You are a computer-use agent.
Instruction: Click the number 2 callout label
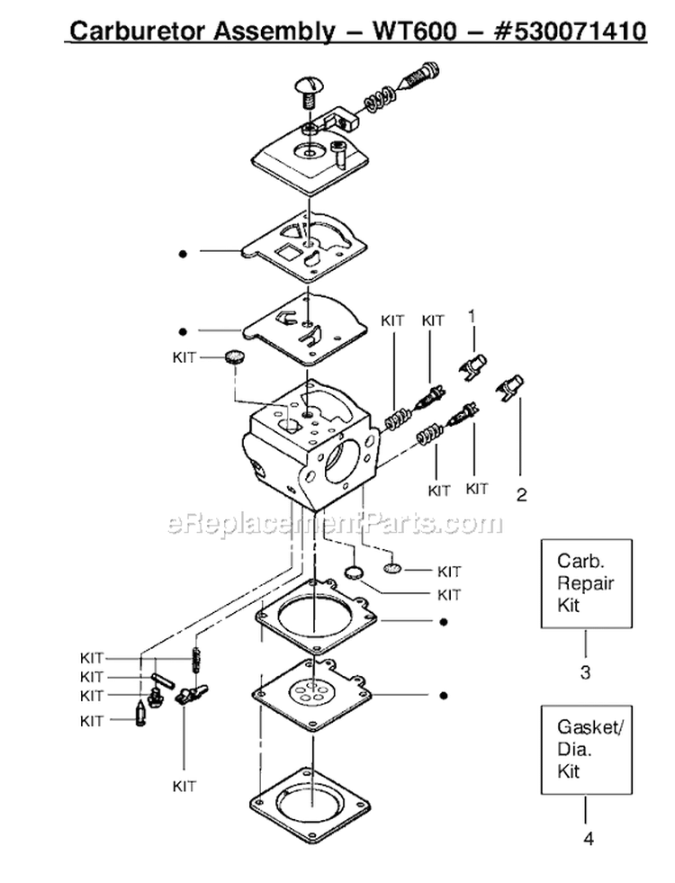[521, 493]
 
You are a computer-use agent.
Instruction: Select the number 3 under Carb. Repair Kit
[585, 671]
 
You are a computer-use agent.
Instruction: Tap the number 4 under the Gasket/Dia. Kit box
[588, 839]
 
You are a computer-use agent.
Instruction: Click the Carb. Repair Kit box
[585, 582]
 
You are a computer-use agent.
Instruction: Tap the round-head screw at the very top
[309, 88]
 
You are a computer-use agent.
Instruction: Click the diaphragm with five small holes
[310, 696]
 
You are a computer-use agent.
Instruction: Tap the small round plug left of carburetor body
[235, 357]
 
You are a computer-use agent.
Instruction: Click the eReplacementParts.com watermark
[335, 523]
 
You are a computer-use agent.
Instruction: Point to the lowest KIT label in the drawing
[184, 786]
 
